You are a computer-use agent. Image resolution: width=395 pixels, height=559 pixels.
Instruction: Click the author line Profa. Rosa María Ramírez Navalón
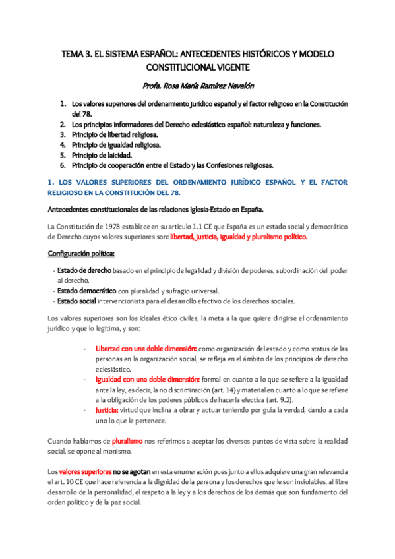[x=197, y=86]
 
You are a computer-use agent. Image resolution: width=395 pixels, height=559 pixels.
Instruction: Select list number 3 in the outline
[x=63, y=134]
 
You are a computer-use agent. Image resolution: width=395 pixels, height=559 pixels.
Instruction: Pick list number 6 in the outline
[x=63, y=165]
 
